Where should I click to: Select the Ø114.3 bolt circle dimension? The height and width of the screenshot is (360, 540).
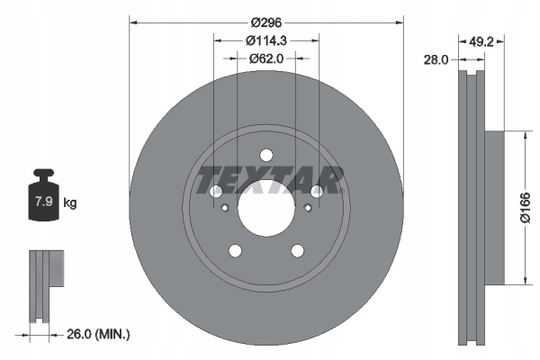pyautogui.click(x=265, y=40)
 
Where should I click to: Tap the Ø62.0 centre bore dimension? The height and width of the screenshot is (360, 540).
pyautogui.click(x=265, y=59)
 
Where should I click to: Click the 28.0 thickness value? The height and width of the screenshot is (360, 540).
pyautogui.click(x=436, y=59)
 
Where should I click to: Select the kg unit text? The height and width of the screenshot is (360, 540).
pyautogui.click(x=70, y=203)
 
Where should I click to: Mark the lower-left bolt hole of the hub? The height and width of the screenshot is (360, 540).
pyautogui.click(x=235, y=250)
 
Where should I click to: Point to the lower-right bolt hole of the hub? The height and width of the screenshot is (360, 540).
pyautogui.click(x=297, y=250)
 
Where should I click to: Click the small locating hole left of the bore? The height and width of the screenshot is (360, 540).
pyautogui.click(x=223, y=209)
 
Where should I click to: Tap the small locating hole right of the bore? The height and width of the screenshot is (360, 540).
pyautogui.click(x=308, y=209)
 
